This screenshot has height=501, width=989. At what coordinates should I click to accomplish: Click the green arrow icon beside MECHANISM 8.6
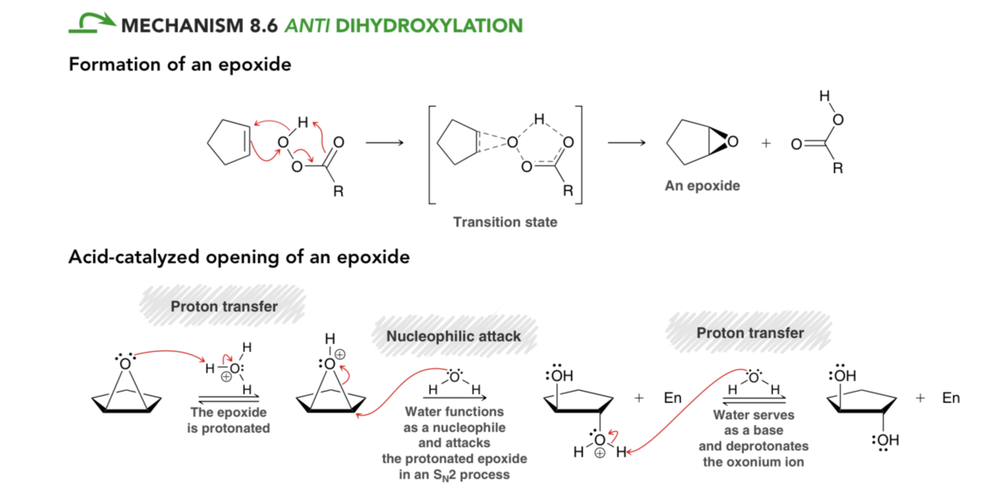coord(92,23)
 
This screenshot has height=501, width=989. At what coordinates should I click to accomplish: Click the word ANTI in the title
coord(307,26)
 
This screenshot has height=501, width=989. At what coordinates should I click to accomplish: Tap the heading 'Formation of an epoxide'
coord(179,65)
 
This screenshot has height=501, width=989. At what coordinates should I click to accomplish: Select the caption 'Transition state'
coord(505,222)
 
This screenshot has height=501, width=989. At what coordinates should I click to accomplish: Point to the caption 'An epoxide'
coord(702,186)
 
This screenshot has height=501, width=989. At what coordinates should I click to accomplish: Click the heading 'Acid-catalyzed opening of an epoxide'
coord(239,257)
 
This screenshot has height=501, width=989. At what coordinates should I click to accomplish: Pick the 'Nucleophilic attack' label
coord(454,336)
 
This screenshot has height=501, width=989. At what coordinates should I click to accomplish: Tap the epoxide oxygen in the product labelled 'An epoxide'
coord(733,142)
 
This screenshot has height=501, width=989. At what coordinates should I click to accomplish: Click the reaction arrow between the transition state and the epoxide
coord(626,142)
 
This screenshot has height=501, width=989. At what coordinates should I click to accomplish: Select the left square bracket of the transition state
coord(431,154)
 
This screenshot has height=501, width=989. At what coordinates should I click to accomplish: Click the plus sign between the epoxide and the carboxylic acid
coord(766,144)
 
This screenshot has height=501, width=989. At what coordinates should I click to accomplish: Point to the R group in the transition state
coord(568,190)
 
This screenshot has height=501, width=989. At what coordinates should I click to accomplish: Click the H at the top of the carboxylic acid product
coord(824,96)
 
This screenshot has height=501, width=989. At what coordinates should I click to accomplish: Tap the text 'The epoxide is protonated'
coord(228,420)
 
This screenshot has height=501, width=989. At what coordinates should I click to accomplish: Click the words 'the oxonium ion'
coord(753,462)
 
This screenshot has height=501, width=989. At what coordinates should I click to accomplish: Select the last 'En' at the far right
coord(950,398)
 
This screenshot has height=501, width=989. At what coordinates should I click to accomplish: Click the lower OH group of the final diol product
coord(886,440)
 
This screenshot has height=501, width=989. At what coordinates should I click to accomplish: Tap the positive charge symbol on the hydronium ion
coord(226,376)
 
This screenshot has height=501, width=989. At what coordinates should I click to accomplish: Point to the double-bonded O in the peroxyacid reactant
coord(339,142)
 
